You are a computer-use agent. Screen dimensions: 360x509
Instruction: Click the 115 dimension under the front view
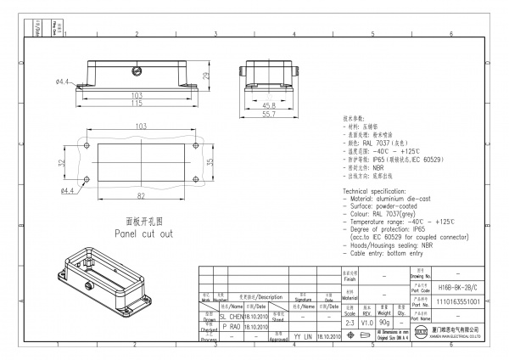[x=137, y=103]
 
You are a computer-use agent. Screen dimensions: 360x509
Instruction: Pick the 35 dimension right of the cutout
[x=211, y=161]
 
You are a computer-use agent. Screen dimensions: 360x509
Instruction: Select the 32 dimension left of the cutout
[x=62, y=161]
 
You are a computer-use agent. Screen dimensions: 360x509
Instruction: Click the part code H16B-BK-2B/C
[x=461, y=289]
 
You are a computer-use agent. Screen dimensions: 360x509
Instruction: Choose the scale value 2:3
[x=349, y=323]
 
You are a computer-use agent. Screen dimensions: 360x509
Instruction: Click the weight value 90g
[x=384, y=323]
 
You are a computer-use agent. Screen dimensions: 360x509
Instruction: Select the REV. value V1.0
[x=366, y=323]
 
